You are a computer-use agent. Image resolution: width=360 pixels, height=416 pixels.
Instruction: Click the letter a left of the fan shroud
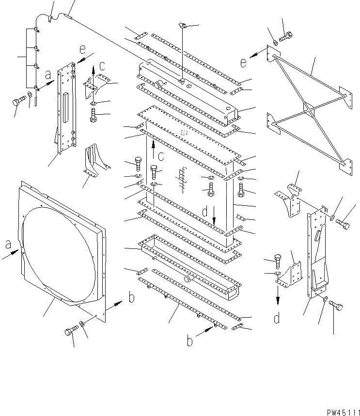point(9,246)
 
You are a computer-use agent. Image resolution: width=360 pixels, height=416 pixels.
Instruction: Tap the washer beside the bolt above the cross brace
point(275,42)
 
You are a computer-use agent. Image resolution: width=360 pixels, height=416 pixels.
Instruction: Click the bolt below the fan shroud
point(69,332)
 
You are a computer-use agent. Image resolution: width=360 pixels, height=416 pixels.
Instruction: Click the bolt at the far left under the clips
point(18,102)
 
